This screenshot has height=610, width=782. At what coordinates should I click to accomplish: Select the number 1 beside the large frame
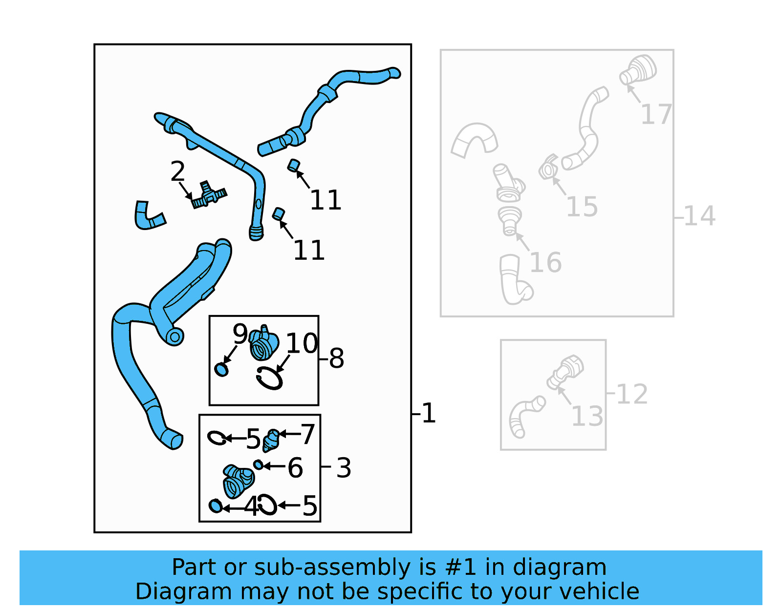coord(429,413)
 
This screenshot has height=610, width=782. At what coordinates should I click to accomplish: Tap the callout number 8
coord(336,358)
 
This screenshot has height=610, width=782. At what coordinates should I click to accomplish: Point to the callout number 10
coord(302,343)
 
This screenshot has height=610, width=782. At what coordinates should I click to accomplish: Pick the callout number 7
coord(308,434)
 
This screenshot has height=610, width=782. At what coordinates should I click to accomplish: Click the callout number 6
coord(295,468)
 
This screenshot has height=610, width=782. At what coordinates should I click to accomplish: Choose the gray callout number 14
coord(699,216)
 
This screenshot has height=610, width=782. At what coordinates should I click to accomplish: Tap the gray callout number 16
coord(545,263)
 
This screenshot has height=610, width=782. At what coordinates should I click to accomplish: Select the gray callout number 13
coord(587,416)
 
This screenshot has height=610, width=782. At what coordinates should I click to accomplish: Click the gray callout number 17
coord(656,114)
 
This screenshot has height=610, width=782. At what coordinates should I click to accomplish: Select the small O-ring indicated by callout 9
coord(221,370)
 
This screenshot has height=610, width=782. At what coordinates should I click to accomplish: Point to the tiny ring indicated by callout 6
coord(258,465)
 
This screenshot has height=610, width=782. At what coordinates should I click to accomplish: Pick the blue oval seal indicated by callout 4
coord(216,506)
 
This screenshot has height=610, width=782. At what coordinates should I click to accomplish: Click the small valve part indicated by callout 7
coord(272,441)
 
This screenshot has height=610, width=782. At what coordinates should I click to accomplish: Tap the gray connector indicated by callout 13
coord(565,372)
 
